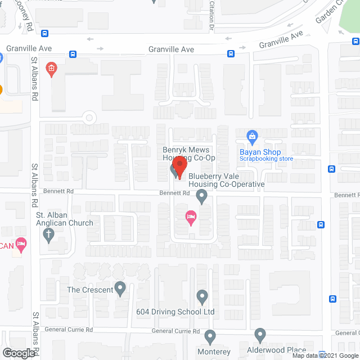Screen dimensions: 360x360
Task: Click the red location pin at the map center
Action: pos(179,165)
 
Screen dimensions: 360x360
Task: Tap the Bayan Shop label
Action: pos(260,152)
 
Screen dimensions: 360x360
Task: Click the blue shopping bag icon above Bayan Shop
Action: pos(253,136)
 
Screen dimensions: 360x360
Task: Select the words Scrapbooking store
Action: pos(267,159)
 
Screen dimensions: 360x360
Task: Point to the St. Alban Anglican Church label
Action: pos(65,219)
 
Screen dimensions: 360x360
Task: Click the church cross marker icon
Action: pos(49,235)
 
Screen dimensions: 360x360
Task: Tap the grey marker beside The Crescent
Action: pos(120,289)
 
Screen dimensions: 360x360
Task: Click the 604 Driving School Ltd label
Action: pos(175,311)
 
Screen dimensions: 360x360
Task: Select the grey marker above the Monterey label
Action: pos(210,337)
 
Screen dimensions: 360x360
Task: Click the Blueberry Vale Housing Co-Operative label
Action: pos(226,180)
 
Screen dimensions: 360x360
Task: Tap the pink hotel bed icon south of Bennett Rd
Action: pos(191,217)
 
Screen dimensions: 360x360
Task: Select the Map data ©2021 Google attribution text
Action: pos(325,355)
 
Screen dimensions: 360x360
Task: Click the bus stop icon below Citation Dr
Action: pos(231,54)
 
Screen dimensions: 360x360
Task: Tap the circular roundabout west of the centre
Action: pos(88,118)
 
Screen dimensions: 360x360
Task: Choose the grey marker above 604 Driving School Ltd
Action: pos(202,296)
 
